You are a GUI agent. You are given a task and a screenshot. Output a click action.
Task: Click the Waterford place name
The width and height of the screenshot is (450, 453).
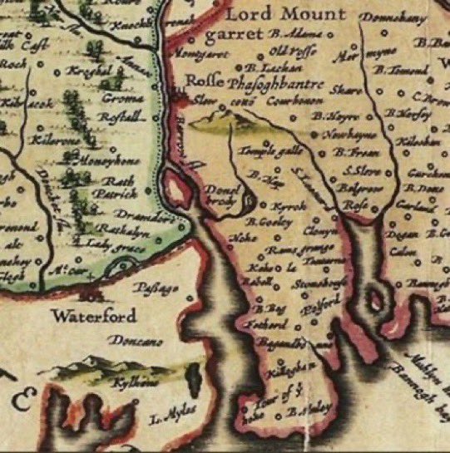90,317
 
